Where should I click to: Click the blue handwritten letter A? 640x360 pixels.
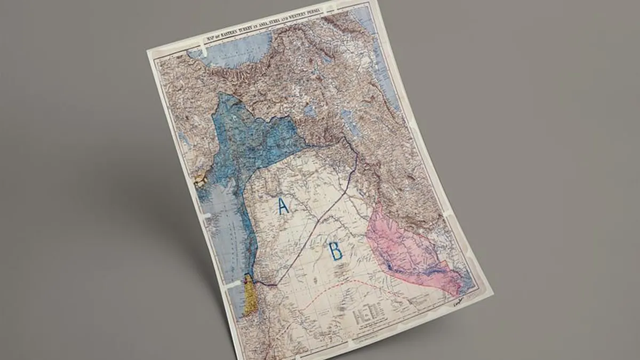(x=283, y=206)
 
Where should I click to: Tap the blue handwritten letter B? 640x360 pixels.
(x=335, y=251)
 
